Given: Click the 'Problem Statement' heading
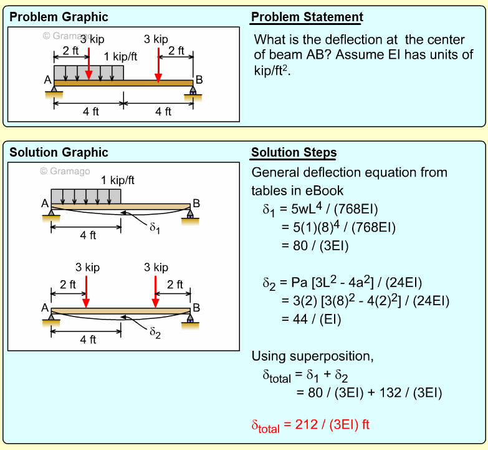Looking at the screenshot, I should click(307, 17).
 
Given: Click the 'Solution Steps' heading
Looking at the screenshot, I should click(294, 153).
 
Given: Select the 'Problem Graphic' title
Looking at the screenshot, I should click(59, 17).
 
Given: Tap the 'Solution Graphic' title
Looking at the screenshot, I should click(59, 152).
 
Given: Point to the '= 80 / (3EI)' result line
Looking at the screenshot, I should click(315, 246).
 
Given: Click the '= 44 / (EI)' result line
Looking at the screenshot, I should click(312, 320).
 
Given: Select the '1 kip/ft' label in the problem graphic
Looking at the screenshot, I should click(120, 57).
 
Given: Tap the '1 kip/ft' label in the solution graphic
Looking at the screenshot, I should click(118, 181).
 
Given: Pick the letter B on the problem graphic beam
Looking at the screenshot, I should click(199, 80).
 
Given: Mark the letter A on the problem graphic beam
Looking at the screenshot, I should click(48, 80).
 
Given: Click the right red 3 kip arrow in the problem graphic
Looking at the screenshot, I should click(159, 64).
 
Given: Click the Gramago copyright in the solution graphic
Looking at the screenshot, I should click(65, 171).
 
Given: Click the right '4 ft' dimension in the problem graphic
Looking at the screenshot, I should click(163, 112).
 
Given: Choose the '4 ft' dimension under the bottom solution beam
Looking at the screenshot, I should click(88, 340).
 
